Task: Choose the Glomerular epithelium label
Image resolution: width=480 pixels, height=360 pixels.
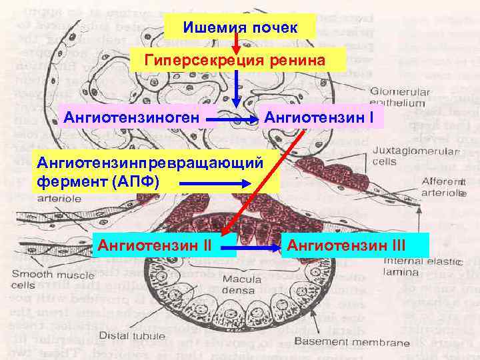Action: (x=399, y=97)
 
